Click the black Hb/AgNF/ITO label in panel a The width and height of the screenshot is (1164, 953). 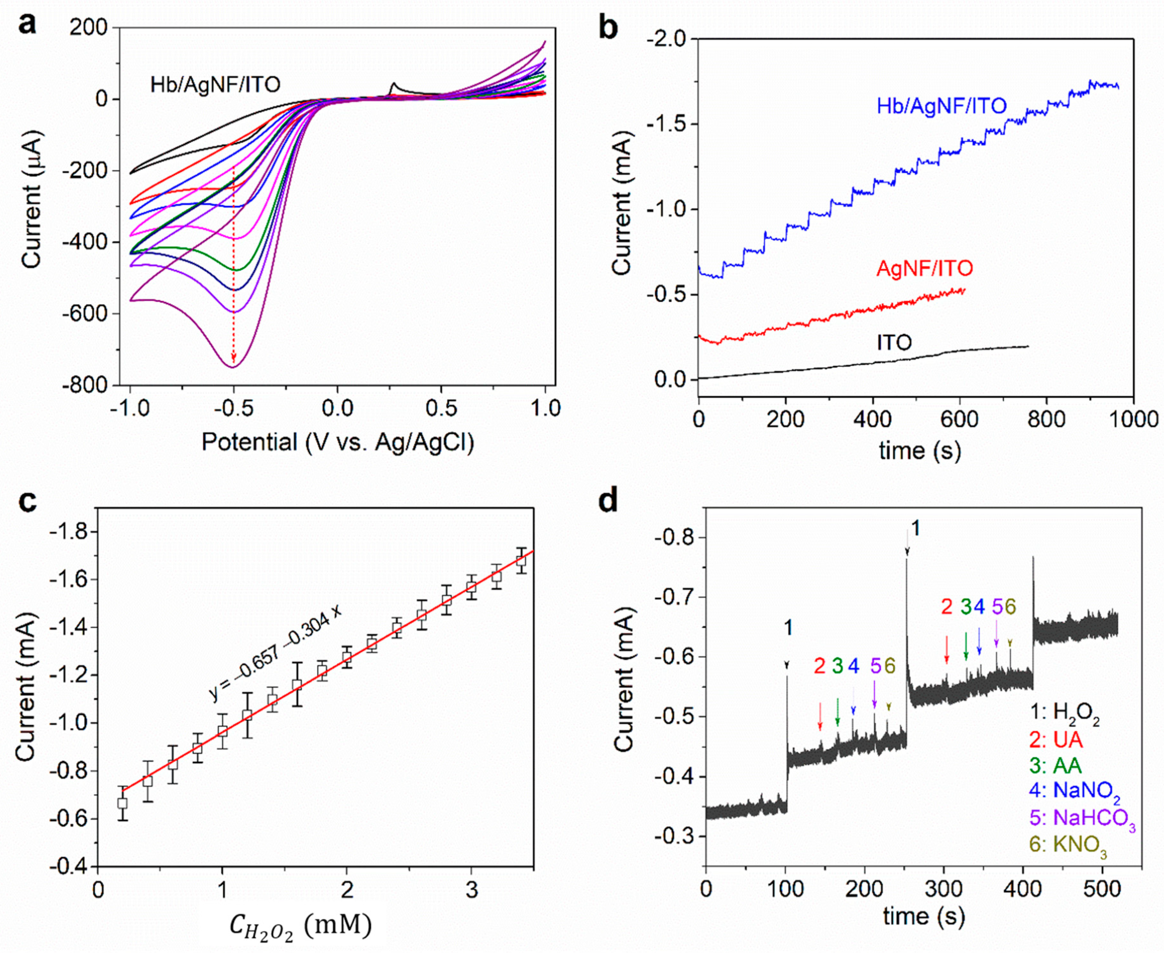[x=215, y=84]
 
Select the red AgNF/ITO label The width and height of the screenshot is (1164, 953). [x=925, y=268]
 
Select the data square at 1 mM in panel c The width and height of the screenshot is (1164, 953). [x=222, y=731]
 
